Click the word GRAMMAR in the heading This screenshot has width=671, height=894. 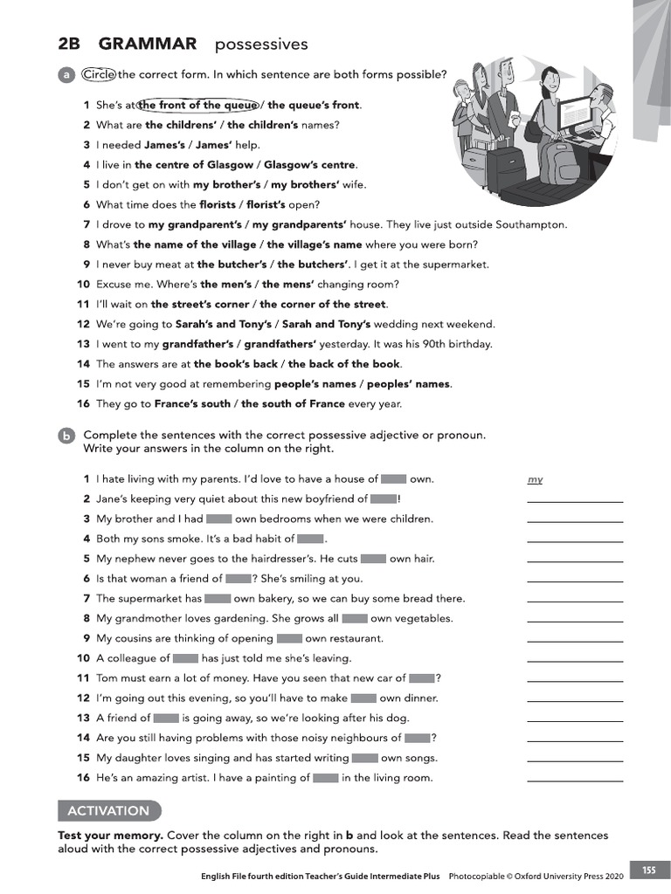pyautogui.click(x=148, y=44)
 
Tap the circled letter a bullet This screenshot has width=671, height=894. pyautogui.click(x=66, y=76)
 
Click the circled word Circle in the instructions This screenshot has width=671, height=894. pyautogui.click(x=99, y=74)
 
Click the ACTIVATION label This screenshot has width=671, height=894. pyautogui.click(x=108, y=811)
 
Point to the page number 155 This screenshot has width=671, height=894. pyautogui.click(x=649, y=870)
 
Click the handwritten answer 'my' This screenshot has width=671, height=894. pyautogui.click(x=536, y=479)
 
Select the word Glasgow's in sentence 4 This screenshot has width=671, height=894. pyautogui.click(x=297, y=164)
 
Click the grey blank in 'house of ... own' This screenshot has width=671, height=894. pyautogui.click(x=393, y=478)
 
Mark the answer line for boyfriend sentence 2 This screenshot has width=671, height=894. pyautogui.click(x=575, y=502)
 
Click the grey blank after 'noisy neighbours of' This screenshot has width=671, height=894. pyautogui.click(x=418, y=738)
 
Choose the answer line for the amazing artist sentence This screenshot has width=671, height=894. pyautogui.click(x=575, y=781)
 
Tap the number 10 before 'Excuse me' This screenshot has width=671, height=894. pyautogui.click(x=83, y=284)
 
